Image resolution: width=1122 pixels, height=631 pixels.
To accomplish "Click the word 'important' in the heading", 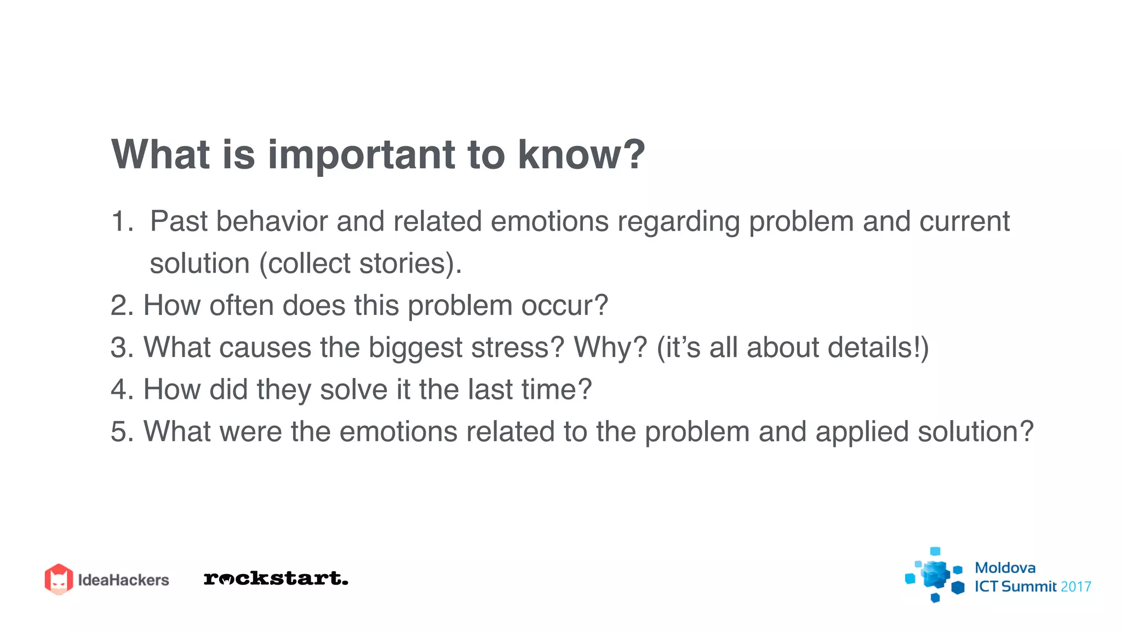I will point(361,155).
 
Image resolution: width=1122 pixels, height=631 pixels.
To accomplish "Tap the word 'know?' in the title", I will point(581,155).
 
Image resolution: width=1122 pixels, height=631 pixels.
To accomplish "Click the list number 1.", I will point(121,222).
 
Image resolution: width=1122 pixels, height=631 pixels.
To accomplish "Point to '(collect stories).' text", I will point(360,264).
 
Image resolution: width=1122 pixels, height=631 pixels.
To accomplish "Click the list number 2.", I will point(121,306).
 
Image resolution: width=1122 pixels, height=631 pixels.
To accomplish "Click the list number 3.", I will point(121,348).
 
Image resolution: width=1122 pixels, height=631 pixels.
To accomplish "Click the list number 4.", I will point(121,390).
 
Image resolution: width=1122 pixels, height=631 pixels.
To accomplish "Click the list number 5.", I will point(121,432).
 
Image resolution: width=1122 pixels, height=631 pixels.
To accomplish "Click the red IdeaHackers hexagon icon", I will point(59,579).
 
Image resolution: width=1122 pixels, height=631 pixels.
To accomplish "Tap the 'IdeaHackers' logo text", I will point(123,580).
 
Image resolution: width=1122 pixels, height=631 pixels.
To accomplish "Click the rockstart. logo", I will point(276,578).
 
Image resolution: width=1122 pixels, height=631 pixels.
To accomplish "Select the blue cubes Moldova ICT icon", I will point(935,575).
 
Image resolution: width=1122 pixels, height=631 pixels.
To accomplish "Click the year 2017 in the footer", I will point(1075,587).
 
